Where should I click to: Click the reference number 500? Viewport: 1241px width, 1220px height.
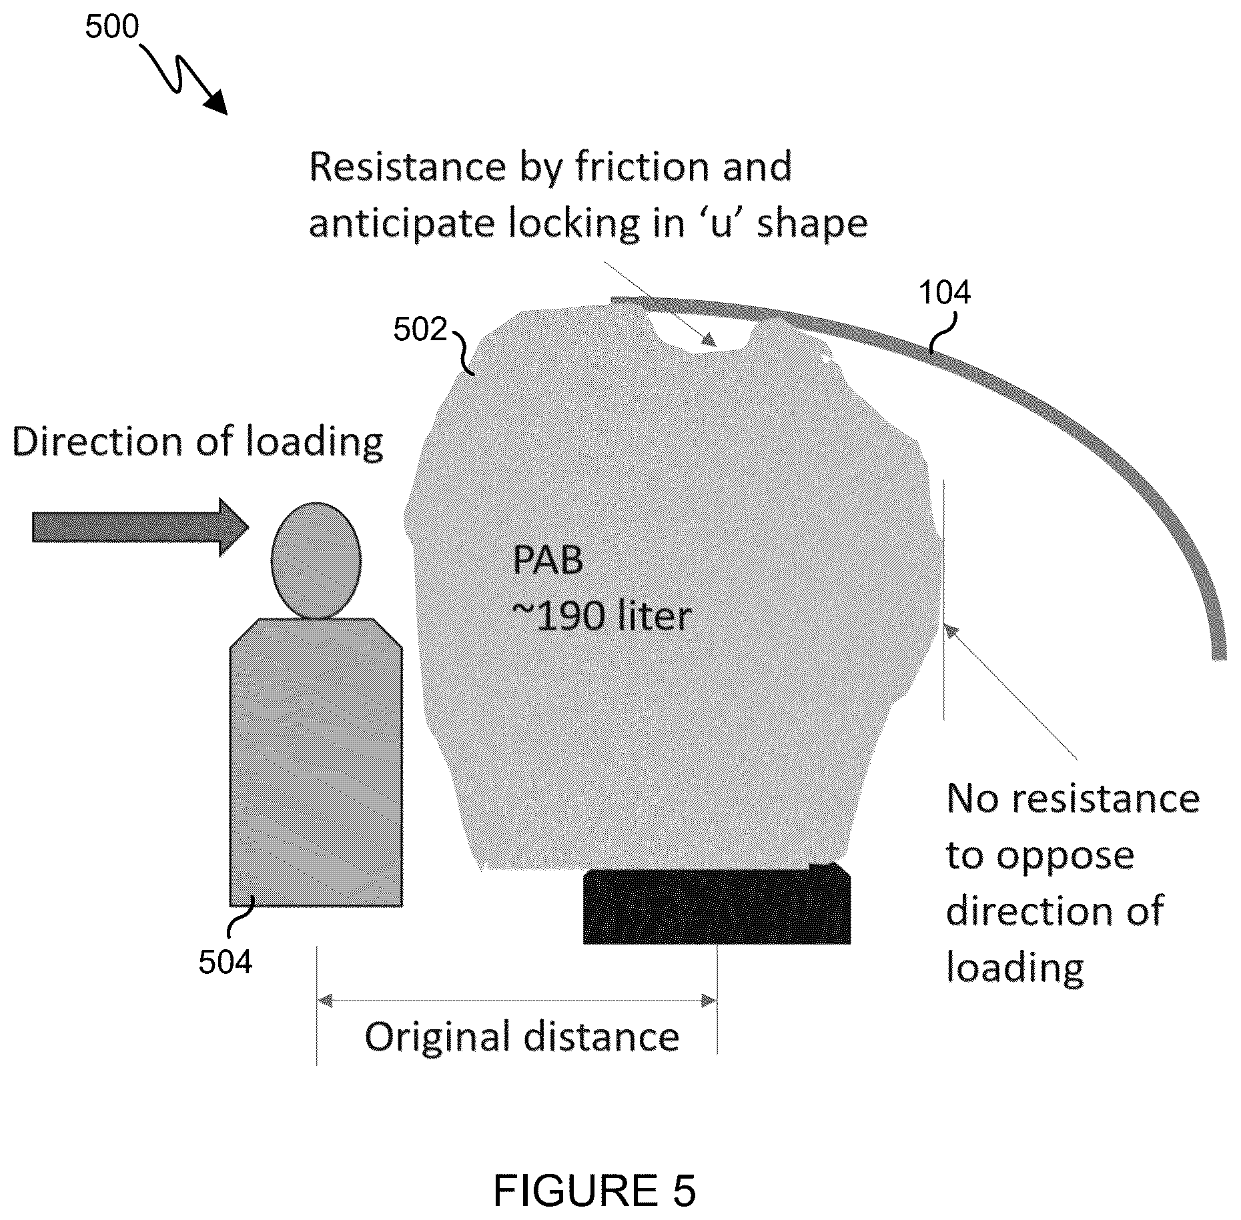click(x=111, y=27)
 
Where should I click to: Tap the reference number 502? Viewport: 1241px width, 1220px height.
click(x=420, y=330)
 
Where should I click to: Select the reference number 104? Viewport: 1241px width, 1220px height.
click(x=944, y=292)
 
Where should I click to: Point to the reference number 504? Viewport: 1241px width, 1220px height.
click(x=225, y=963)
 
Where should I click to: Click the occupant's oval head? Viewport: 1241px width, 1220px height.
click(x=316, y=560)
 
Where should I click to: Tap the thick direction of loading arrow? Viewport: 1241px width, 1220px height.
click(x=140, y=527)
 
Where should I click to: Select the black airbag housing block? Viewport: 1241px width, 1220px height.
click(x=717, y=904)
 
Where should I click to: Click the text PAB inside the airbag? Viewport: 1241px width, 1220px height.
click(x=547, y=560)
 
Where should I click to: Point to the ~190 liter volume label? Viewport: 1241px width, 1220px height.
click(x=602, y=616)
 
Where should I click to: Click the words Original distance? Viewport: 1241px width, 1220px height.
click(x=522, y=1037)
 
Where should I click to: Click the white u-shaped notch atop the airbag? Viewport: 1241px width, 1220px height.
click(x=703, y=332)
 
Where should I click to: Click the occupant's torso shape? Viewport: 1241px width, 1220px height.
click(x=316, y=762)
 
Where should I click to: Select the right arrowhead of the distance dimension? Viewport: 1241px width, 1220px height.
click(x=709, y=1000)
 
